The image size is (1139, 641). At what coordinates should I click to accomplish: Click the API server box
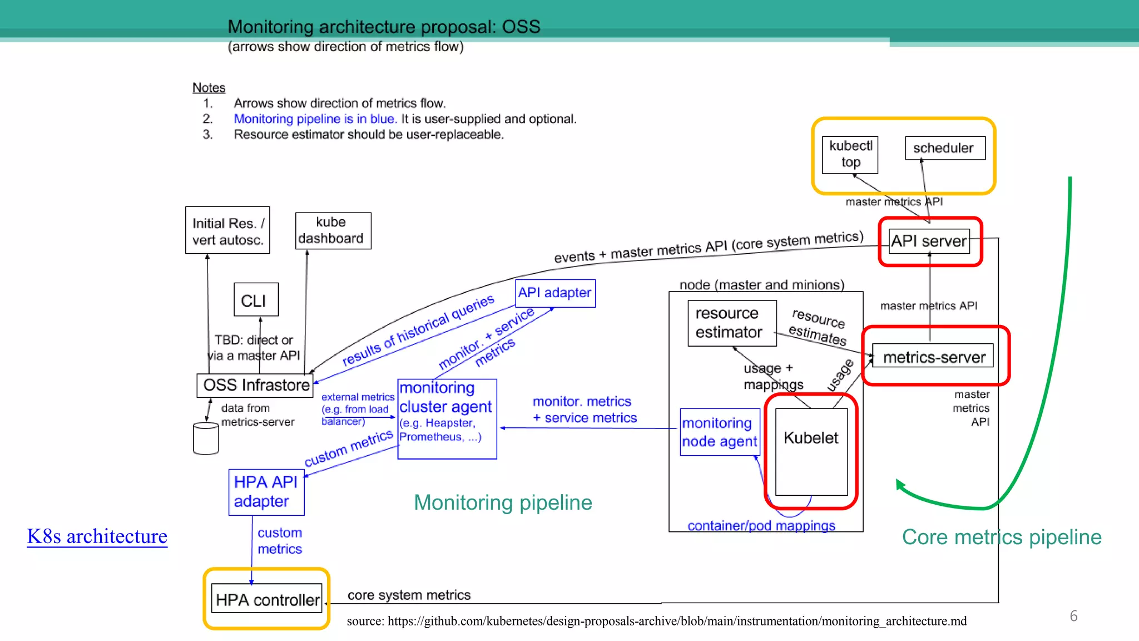pyautogui.click(x=929, y=241)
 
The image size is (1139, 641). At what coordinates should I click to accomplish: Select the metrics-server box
pyautogui.click(x=933, y=357)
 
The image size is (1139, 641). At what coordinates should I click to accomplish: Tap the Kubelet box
pyautogui.click(x=811, y=451)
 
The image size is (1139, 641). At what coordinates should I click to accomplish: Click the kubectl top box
pyautogui.click(x=850, y=154)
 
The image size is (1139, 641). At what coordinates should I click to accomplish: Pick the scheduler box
pyautogui.click(x=944, y=148)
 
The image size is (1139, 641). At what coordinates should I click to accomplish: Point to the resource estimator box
pyautogui.click(x=731, y=323)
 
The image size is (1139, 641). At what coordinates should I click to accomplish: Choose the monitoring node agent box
pyautogui.click(x=719, y=432)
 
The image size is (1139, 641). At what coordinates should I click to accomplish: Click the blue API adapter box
pyautogui.click(x=554, y=293)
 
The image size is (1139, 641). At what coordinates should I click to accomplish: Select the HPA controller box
pyautogui.click(x=267, y=599)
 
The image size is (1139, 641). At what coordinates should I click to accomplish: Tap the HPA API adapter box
pyautogui.click(x=266, y=492)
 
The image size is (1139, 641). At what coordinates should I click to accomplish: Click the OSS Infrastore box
pyautogui.click(x=255, y=385)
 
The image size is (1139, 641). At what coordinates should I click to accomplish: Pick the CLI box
pyautogui.click(x=255, y=300)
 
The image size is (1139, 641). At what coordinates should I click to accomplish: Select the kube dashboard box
pyautogui.click(x=332, y=230)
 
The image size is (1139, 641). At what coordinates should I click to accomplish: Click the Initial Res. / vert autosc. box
pyautogui.click(x=227, y=230)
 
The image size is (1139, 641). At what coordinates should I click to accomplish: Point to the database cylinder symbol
pyautogui.click(x=205, y=438)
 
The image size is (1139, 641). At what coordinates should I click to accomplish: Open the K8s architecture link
pyautogui.click(x=97, y=536)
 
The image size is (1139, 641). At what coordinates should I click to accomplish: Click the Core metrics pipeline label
pyautogui.click(x=1001, y=537)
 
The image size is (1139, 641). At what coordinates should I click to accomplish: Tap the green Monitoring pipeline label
pyautogui.click(x=503, y=502)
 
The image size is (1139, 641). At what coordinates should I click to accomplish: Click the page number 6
pyautogui.click(x=1073, y=616)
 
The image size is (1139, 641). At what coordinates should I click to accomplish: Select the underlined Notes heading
pyautogui.click(x=209, y=88)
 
